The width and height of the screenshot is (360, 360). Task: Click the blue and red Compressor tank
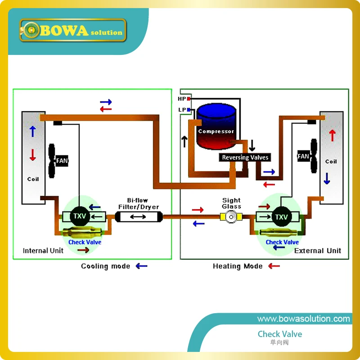[x=216, y=126]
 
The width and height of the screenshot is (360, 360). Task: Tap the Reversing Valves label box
[x=245, y=157]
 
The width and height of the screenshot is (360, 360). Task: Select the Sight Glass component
[x=231, y=217]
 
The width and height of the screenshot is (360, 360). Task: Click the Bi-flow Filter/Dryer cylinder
[x=139, y=217]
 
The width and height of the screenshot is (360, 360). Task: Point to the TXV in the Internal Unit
[x=80, y=216]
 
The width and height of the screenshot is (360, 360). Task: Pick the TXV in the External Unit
[x=282, y=217]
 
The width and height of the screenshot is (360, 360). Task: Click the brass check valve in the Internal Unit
[x=82, y=232]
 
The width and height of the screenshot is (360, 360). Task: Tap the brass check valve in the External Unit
[x=279, y=232]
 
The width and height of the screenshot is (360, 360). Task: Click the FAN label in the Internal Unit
[x=62, y=161]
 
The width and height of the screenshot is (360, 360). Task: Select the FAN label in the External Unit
[x=303, y=156]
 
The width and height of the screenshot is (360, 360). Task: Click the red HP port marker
[x=189, y=99]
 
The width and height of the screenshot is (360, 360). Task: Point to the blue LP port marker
[x=189, y=110]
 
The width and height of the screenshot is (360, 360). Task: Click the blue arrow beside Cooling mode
[x=141, y=266]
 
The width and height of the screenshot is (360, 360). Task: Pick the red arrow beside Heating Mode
[x=274, y=266]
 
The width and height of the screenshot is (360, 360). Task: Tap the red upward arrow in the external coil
[x=332, y=135]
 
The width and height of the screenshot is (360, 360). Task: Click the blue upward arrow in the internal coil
[x=32, y=131]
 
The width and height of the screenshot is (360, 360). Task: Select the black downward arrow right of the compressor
[x=252, y=145]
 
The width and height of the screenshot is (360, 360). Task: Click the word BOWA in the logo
[x=64, y=31]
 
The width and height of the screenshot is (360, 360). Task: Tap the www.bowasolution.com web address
[x=303, y=319]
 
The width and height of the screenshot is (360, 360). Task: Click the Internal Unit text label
[x=43, y=251]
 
